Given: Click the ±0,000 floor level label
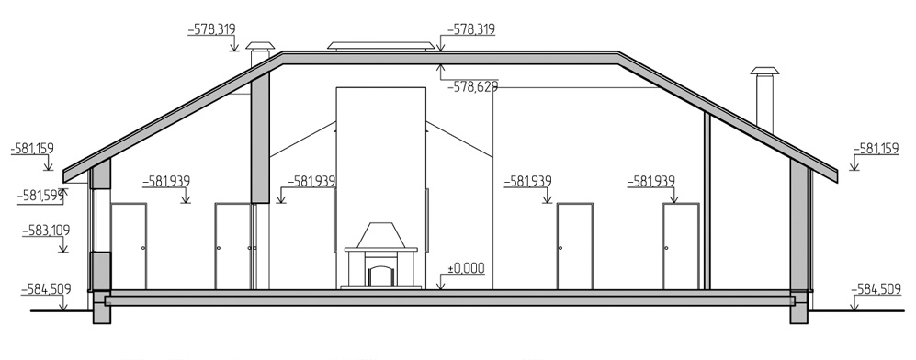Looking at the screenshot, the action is point(466,268).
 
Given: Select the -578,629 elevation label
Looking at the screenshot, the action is point(472,87).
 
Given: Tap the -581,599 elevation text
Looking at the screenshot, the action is point(40,196).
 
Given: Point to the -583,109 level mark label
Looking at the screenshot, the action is point(46,231).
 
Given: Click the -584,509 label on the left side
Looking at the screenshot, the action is point(46,288).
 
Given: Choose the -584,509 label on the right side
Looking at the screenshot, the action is point(876,288).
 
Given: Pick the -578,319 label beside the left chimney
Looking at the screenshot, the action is point(211,29).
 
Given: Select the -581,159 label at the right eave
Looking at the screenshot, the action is point(876,150).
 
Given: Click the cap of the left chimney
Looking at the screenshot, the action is point(260,47).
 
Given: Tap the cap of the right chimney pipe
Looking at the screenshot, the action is point(764,72).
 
